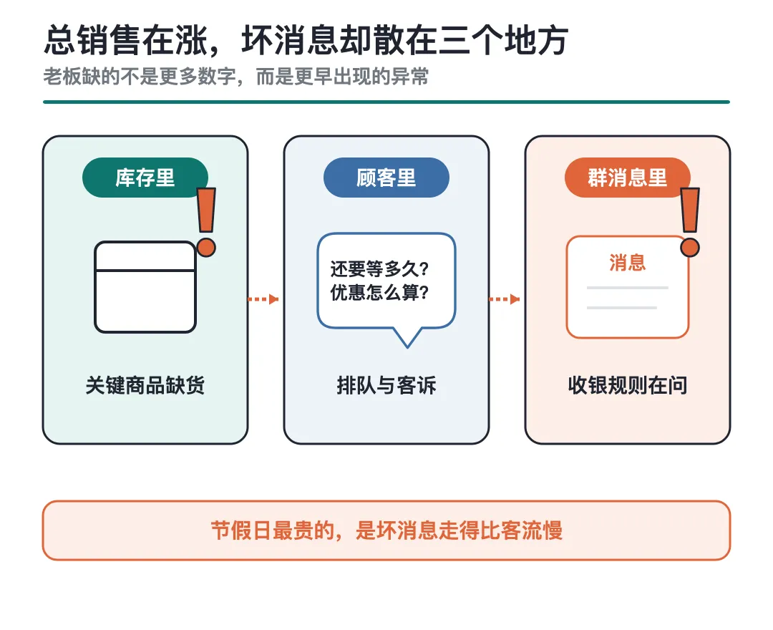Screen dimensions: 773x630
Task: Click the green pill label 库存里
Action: (145, 178)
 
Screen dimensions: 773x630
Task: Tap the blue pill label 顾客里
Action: (386, 178)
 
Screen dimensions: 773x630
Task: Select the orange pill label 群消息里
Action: (627, 178)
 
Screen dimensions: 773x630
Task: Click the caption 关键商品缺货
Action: (145, 385)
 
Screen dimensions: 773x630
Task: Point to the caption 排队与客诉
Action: (386, 385)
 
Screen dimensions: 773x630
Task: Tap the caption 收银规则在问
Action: (628, 385)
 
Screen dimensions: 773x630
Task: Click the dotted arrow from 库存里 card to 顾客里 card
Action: (263, 299)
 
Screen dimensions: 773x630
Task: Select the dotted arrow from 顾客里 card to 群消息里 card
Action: (505, 299)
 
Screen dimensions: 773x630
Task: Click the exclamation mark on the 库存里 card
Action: (206, 222)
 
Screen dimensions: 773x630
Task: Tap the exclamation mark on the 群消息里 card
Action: (690, 222)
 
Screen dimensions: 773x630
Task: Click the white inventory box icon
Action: (145, 287)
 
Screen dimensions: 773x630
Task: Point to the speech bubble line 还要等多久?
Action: (379, 269)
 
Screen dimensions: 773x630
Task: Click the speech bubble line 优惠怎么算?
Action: (379, 293)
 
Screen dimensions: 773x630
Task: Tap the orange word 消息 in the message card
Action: (627, 263)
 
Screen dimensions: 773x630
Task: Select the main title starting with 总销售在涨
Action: (306, 40)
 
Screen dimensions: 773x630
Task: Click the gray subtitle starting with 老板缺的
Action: (236, 77)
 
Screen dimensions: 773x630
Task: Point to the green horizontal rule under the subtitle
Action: (386, 102)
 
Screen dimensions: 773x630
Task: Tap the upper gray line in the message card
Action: (628, 287)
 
